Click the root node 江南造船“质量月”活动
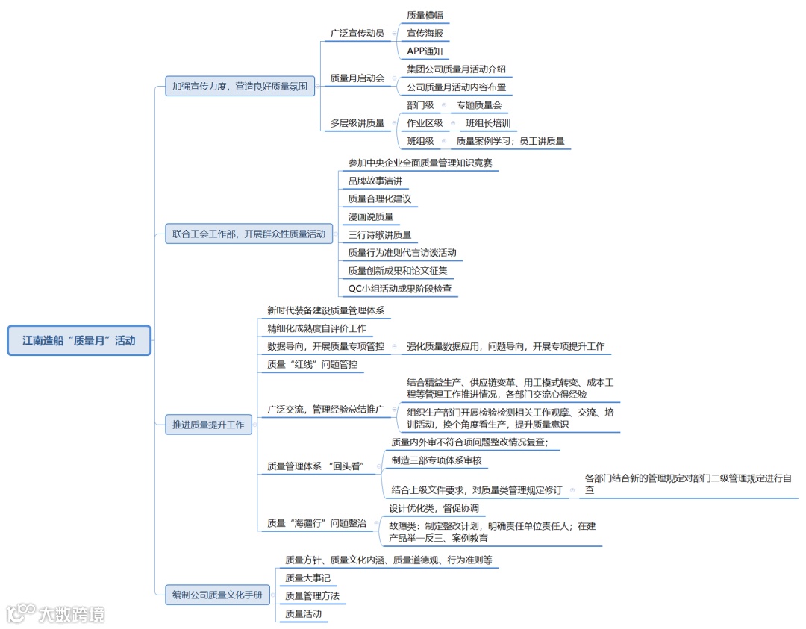coord(79,341)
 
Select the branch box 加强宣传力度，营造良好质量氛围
coord(240,87)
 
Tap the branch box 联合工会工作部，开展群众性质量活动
coord(249,234)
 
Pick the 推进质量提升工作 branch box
coord(208,425)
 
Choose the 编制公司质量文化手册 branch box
coord(217,595)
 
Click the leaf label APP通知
coord(425,51)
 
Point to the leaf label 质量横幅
coord(425,15)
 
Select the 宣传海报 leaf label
coord(425,34)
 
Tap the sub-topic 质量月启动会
coord(357,78)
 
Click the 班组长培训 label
coord(488,123)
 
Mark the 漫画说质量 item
coord(370,216)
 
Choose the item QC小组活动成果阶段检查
coord(399,288)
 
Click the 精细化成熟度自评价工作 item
coord(316,328)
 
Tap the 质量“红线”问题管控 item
coord(312,365)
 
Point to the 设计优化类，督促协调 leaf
coord(434,509)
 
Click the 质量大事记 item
coord(307,578)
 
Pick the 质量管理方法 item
coord(312,596)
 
